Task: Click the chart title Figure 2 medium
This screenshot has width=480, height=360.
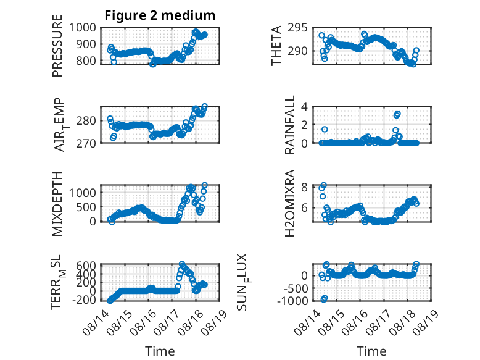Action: tap(160, 15)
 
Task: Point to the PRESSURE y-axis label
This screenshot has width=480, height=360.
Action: tap(57, 46)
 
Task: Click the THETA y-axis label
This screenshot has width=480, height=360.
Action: tap(276, 46)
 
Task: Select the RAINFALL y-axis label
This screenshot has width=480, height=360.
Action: tap(289, 125)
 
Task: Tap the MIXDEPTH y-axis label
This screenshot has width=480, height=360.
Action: tap(57, 204)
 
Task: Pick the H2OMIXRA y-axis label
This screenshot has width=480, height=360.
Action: tap(289, 203)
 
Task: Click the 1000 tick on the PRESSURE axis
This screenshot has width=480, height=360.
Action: tap(82, 28)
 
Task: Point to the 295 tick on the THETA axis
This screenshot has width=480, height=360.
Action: tap(297, 28)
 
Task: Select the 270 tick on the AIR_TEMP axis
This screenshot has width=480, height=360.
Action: tap(86, 143)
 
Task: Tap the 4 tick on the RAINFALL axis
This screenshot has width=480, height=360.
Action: tap(304, 107)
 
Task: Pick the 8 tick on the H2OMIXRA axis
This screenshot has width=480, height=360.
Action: tap(304, 187)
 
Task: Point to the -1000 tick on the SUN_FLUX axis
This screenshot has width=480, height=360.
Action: tap(292, 301)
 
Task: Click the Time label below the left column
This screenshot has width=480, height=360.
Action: tap(160, 351)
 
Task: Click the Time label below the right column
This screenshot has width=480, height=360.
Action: tap(371, 351)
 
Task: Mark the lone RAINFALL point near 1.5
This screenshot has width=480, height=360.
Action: tap(325, 129)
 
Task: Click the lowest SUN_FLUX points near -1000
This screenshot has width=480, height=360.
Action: tap(324, 298)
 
